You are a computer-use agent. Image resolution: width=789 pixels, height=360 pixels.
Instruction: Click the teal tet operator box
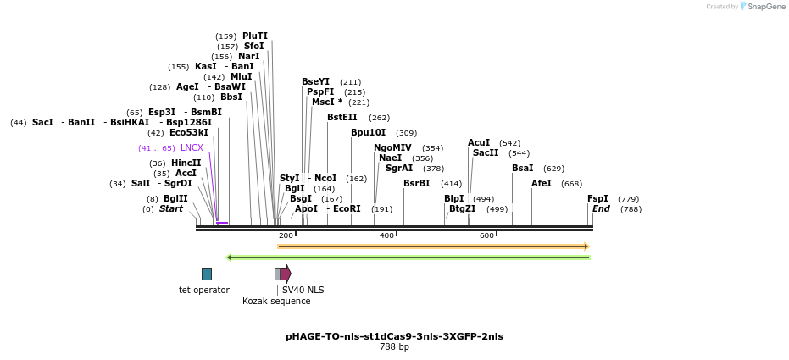coord(207,274)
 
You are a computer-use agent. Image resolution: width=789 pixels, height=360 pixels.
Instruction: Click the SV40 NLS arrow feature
coord(286,274)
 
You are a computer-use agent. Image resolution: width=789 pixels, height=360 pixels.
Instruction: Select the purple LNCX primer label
coord(192,147)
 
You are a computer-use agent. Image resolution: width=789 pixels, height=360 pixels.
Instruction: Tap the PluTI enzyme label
coord(254,36)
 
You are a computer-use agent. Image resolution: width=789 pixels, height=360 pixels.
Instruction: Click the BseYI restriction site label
coord(315,81)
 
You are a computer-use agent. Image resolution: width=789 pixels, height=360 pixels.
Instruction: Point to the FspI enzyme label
coord(597,198)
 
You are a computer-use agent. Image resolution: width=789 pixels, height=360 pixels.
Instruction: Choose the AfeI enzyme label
coord(542,183)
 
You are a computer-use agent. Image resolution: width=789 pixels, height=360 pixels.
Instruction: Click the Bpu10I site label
coord(368,132)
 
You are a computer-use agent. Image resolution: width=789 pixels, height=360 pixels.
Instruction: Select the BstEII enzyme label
coord(342,117)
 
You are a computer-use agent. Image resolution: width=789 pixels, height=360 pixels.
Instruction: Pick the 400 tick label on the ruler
coord(386,235)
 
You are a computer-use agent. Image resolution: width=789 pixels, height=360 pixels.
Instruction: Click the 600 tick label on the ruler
coord(486,235)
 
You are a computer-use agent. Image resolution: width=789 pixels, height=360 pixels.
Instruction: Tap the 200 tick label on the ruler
coord(286,235)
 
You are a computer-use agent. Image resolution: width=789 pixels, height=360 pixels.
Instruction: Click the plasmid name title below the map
coord(394,336)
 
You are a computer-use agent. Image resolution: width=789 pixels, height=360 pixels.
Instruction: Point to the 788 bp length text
coord(394,347)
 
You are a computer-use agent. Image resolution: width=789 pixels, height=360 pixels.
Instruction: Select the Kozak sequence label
coord(276,301)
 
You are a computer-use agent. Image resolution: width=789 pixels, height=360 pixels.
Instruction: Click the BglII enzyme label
coord(175,198)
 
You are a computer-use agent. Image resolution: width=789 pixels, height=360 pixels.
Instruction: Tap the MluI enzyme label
coord(241,76)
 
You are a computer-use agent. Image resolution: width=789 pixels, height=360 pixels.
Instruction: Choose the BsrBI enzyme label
coord(416,183)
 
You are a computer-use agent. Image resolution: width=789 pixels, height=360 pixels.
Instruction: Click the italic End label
coord(601,208)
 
